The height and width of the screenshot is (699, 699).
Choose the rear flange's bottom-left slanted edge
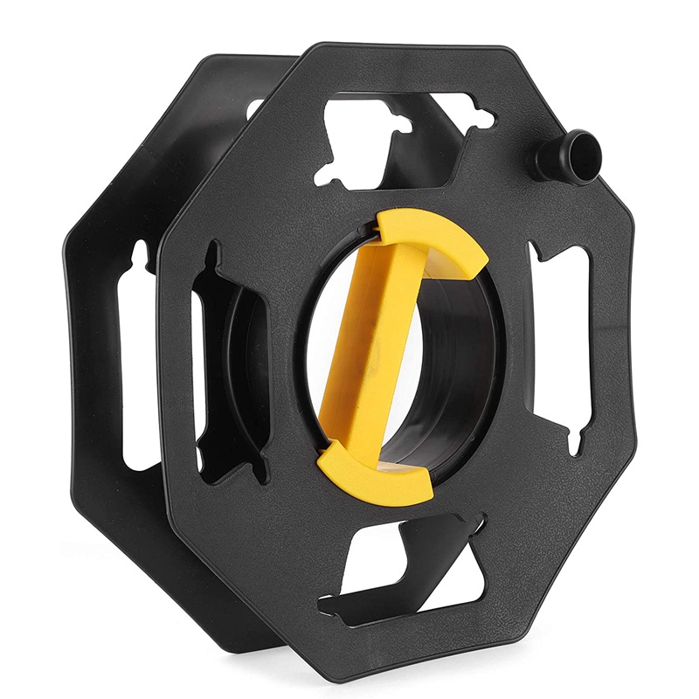(x=122, y=559)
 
